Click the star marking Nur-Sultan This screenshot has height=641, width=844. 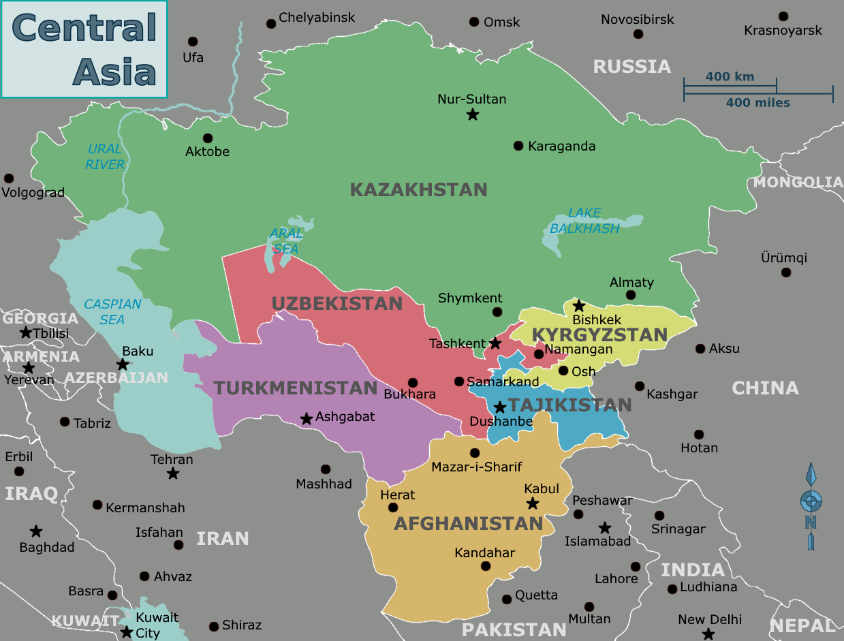pos(473,114)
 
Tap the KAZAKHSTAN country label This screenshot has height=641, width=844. pos(418,189)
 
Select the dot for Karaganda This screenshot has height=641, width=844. pos(518,146)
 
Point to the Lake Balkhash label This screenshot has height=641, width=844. pos(584,221)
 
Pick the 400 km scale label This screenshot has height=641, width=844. pos(730,76)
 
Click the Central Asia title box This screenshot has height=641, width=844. pos(84,49)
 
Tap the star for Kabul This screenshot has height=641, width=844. pos(533,503)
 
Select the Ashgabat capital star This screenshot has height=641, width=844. pos(307,418)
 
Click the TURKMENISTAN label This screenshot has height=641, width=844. pos(295,388)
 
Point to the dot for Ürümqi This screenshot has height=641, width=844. pos(786,272)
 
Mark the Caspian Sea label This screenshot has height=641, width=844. pos(112,311)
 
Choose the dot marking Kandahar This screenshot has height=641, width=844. pos(486,566)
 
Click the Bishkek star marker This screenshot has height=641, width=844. pos(579,306)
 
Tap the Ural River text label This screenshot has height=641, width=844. pos(105,156)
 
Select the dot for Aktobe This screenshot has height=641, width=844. pos(208,138)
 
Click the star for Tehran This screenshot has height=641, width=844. pos(173,473)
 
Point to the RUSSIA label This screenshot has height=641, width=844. pos(631,67)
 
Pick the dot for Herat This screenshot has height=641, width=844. pos(393,507)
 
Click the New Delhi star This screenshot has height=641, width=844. pos(708,634)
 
